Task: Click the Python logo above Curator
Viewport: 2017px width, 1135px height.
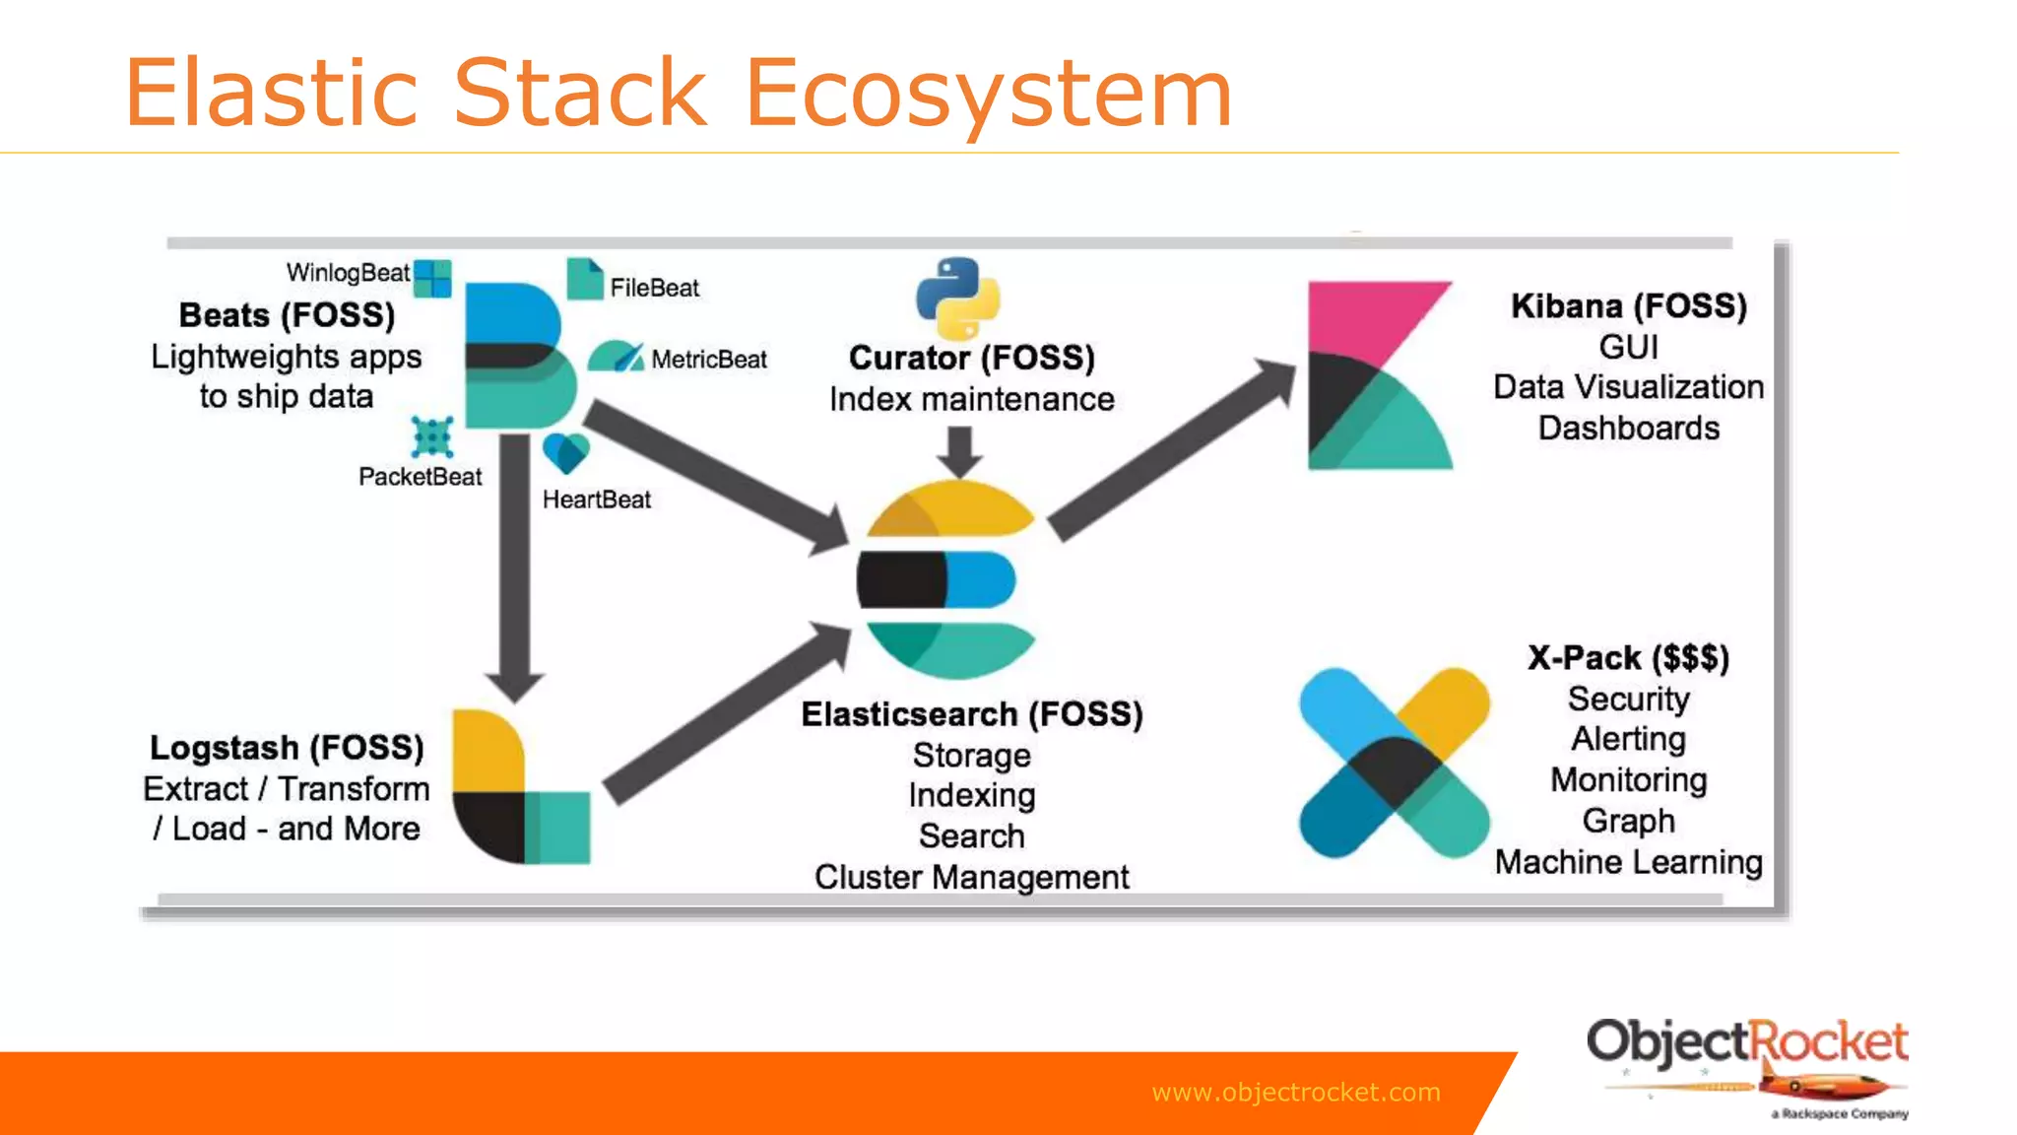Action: [x=957, y=299]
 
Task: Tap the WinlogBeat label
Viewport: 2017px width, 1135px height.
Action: [x=347, y=273]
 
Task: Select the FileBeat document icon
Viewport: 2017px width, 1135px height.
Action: [x=584, y=279]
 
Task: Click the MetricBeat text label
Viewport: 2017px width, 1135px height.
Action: [x=708, y=360]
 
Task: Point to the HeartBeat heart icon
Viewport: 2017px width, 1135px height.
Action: [x=565, y=452]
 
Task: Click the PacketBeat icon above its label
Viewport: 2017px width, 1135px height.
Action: [x=431, y=436]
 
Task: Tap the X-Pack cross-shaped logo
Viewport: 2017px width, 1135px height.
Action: [x=1394, y=763]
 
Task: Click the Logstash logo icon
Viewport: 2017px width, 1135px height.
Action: [x=519, y=788]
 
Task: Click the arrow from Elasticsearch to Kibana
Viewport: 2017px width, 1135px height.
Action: [x=1172, y=448]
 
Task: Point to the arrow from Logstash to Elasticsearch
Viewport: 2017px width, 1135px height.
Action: [x=729, y=713]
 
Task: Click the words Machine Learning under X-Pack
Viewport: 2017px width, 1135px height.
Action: [x=1628, y=862]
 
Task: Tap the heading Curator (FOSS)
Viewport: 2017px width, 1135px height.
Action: [x=971, y=358]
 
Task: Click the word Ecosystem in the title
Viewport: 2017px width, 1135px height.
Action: [x=988, y=93]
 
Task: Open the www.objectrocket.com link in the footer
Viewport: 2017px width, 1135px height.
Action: [x=1295, y=1092]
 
